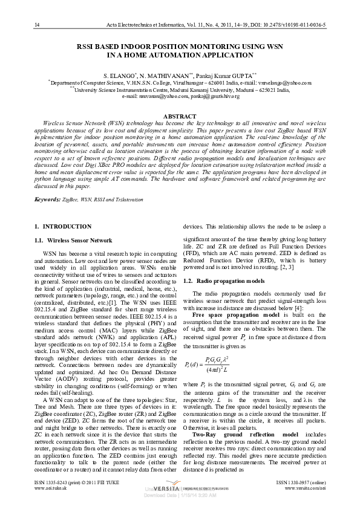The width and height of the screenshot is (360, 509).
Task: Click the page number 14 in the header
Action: coord(38,25)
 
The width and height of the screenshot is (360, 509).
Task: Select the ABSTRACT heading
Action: coord(180,115)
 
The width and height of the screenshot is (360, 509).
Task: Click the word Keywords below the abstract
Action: coord(47,199)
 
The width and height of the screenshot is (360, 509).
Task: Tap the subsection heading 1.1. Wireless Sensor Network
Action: coord(73,240)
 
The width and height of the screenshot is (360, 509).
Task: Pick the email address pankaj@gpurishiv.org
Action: coord(214,96)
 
